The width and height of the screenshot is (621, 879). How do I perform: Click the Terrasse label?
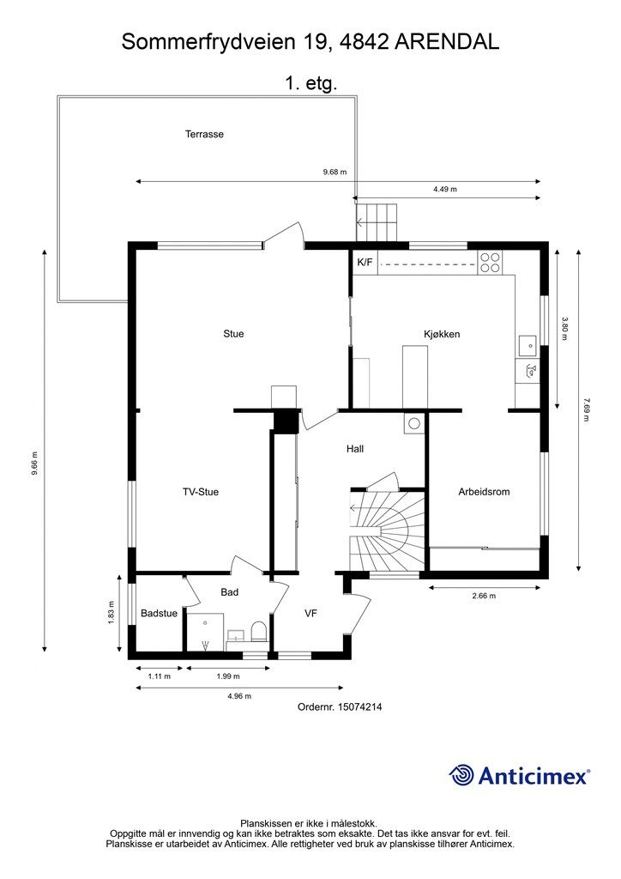point(204,134)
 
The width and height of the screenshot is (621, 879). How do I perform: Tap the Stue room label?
point(233,334)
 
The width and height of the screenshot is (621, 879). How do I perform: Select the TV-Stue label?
point(200,492)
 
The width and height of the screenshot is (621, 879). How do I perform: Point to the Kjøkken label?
point(443,334)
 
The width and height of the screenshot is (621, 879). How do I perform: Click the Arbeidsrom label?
point(485,492)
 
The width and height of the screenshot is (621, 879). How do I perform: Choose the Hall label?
point(356,449)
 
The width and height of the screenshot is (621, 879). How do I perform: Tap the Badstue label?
point(158,614)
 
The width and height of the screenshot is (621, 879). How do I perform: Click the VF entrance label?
point(312,614)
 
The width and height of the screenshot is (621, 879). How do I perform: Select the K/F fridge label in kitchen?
point(365,262)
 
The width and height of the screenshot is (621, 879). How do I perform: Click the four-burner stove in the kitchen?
point(490,262)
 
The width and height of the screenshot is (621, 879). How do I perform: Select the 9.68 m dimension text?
point(335,173)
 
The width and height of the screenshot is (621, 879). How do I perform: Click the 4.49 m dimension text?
point(445,189)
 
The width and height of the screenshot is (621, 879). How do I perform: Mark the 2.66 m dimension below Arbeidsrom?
point(484,596)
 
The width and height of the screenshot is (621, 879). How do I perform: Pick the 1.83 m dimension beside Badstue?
point(112,611)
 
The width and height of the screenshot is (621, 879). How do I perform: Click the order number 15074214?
point(339,707)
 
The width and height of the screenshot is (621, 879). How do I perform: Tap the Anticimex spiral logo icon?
point(462,775)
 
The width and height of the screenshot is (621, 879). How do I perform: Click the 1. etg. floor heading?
point(310,84)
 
